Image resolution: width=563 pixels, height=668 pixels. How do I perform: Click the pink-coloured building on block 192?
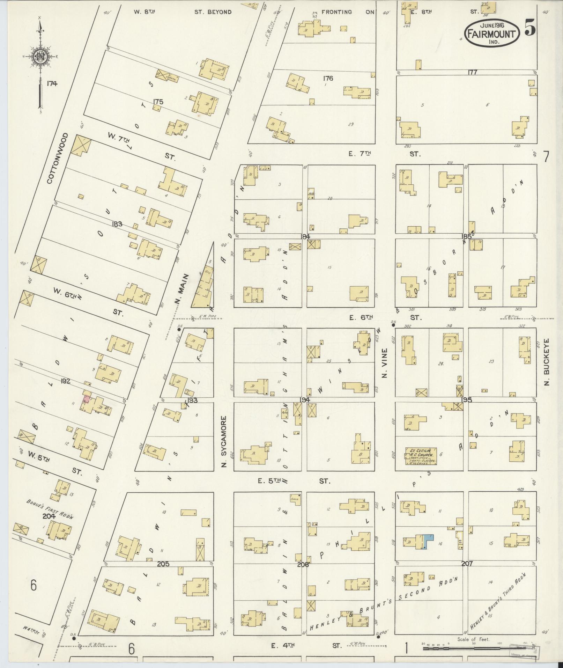click(86, 399)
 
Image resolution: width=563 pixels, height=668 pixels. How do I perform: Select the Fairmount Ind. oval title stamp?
click(492, 33)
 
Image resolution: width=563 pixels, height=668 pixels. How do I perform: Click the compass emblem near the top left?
click(40, 56)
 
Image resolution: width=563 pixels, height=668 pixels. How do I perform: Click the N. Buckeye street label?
click(547, 362)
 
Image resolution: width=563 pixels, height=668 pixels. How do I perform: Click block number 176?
click(328, 78)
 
